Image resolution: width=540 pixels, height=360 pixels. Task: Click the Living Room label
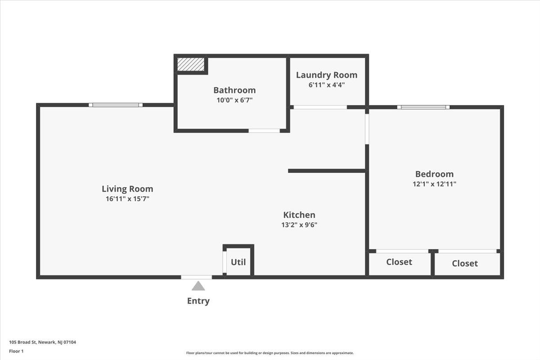pyautogui.click(x=127, y=189)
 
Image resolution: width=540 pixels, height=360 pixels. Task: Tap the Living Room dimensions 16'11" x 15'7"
pyautogui.click(x=127, y=199)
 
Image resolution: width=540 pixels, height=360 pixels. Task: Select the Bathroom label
pyautogui.click(x=234, y=90)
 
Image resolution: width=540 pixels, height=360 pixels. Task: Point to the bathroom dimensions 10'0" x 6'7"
pyautogui.click(x=234, y=100)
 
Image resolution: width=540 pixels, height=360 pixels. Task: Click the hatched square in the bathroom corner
pyautogui.click(x=191, y=64)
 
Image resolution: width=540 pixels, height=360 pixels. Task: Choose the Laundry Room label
pyautogui.click(x=327, y=75)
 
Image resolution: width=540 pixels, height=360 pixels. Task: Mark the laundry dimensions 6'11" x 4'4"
pyautogui.click(x=327, y=85)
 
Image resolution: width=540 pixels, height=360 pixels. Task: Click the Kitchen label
pyautogui.click(x=299, y=215)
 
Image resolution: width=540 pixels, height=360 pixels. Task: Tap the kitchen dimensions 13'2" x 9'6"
pyautogui.click(x=299, y=225)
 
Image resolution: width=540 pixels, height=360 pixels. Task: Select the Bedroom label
pyautogui.click(x=434, y=174)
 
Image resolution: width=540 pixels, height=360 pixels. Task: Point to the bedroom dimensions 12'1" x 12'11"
pyautogui.click(x=434, y=184)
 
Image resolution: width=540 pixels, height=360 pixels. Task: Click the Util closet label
pyautogui.click(x=238, y=262)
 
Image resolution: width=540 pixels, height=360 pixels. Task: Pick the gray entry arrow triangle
pyautogui.click(x=198, y=286)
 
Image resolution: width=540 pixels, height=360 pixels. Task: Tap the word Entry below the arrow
pyautogui.click(x=198, y=301)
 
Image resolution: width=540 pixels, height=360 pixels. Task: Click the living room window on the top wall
pyautogui.click(x=116, y=105)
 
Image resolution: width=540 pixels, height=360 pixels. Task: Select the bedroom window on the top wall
pyautogui.click(x=423, y=107)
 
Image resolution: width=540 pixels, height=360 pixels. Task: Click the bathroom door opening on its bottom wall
pyautogui.click(x=264, y=131)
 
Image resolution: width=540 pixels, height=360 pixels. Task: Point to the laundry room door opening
pyautogui.click(x=320, y=107)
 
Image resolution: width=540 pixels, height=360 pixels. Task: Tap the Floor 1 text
pyautogui.click(x=16, y=351)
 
